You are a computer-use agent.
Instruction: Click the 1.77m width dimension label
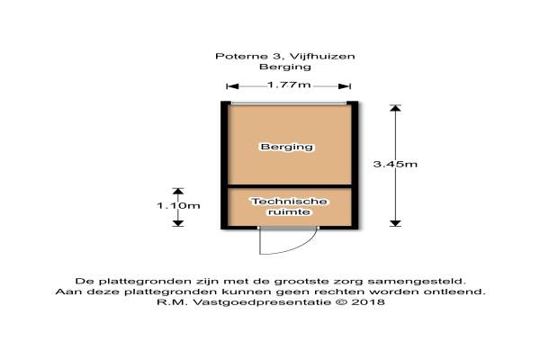pyautogui.click(x=289, y=85)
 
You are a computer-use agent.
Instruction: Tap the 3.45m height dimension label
pyautogui.click(x=396, y=164)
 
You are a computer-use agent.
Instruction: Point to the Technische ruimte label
pyautogui.click(x=289, y=206)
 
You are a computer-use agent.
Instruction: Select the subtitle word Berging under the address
pyautogui.click(x=284, y=67)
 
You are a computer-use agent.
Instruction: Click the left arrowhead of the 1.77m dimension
pyautogui.click(x=230, y=86)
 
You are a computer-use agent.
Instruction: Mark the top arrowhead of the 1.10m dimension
pyautogui.click(x=177, y=191)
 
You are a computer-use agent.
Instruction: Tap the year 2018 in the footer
pyautogui.click(x=371, y=303)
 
